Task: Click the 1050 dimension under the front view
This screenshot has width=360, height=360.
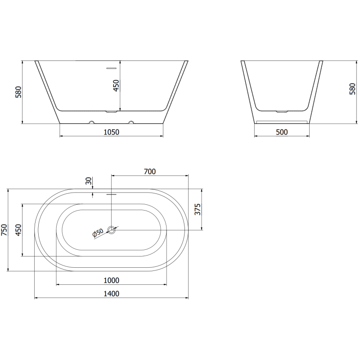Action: pyautogui.click(x=111, y=132)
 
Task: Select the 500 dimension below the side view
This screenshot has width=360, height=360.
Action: pyautogui.click(x=282, y=132)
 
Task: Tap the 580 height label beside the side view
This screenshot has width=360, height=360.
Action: pyautogui.click(x=352, y=90)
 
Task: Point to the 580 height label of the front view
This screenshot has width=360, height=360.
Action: pyautogui.click(x=18, y=92)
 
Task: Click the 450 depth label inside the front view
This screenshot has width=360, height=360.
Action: pyautogui.click(x=116, y=86)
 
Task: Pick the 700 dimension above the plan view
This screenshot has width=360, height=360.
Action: pyautogui.click(x=149, y=171)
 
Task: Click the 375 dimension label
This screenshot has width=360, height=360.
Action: pyautogui.click(x=197, y=210)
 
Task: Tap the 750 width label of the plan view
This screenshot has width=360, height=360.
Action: pyautogui.click(x=4, y=230)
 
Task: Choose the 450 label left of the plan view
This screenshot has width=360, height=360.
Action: pyautogui.click(x=18, y=230)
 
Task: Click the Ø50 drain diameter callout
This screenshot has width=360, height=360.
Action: pyautogui.click(x=98, y=233)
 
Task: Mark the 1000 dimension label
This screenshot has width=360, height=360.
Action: pyautogui.click(x=111, y=280)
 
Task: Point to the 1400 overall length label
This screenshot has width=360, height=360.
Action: pyautogui.click(x=111, y=294)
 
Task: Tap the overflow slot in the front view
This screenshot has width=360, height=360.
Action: pyautogui.click(x=111, y=68)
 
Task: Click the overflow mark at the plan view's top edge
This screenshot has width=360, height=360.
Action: pyautogui.click(x=111, y=194)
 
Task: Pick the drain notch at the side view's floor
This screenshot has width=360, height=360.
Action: pyautogui.click(x=282, y=110)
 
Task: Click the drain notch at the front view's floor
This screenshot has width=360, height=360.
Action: pyautogui.click(x=111, y=111)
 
